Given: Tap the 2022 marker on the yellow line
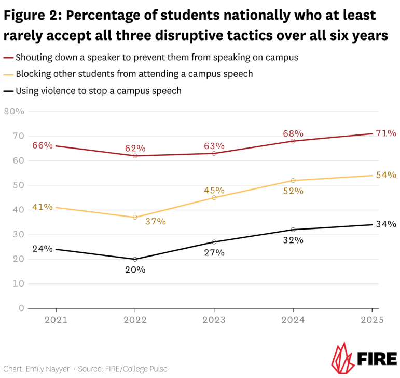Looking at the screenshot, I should [x=135, y=218].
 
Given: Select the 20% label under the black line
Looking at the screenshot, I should [x=135, y=269].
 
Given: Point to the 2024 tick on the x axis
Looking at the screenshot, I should [x=294, y=320].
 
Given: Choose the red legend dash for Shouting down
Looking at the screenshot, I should [x=8, y=58].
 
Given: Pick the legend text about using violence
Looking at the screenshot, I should [x=99, y=91].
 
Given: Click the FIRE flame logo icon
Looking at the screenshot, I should [x=341, y=358].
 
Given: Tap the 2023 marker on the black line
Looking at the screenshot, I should [x=214, y=242].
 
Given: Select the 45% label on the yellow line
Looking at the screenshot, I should [x=214, y=191].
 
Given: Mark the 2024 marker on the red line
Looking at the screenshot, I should [x=294, y=141].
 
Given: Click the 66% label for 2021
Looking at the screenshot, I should [x=43, y=145].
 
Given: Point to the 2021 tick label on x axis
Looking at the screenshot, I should [x=56, y=320].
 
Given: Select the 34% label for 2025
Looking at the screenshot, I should [x=387, y=224].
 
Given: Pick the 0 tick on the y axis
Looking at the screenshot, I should [x=21, y=308].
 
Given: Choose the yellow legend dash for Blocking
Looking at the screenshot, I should [x=8, y=74].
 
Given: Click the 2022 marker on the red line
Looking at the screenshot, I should [x=135, y=156].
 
